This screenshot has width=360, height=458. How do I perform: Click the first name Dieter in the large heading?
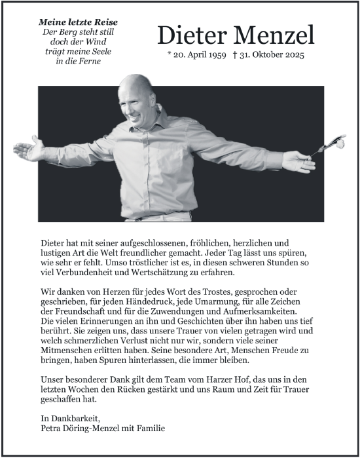[190, 35]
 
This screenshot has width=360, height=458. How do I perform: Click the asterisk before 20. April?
[170, 56]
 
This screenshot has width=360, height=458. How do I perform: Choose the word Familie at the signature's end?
[149, 428]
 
